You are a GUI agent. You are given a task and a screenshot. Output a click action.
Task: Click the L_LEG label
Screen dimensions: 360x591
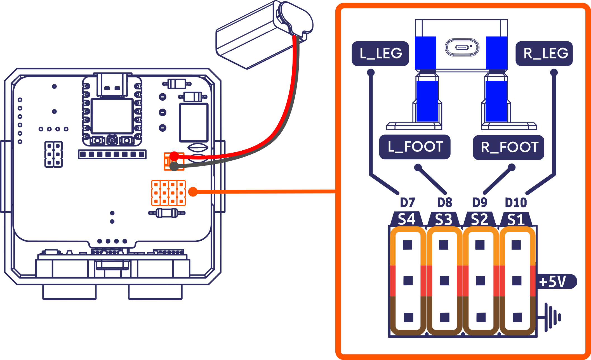[380, 53]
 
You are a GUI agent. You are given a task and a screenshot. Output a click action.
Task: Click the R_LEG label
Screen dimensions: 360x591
[544, 53]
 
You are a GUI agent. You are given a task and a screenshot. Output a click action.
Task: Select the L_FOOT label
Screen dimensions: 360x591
[415, 147]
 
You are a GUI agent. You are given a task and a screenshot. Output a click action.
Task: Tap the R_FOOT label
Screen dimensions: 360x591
[508, 147]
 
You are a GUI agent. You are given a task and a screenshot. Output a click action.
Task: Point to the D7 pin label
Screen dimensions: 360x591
[407, 203]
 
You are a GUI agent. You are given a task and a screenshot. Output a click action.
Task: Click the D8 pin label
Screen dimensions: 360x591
[444, 203]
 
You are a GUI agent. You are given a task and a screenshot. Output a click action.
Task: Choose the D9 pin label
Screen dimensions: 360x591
[480, 203]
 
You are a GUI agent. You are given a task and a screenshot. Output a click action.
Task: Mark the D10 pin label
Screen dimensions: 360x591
[516, 203]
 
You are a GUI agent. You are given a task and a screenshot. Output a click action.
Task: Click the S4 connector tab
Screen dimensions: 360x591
[406, 219]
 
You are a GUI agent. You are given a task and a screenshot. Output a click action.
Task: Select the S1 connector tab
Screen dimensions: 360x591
[516, 219]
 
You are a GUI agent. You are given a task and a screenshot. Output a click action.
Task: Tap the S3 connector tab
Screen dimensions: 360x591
[444, 219]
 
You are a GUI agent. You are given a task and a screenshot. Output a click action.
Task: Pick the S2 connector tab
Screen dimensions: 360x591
[479, 219]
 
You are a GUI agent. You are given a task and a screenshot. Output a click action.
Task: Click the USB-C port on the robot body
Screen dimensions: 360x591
[462, 47]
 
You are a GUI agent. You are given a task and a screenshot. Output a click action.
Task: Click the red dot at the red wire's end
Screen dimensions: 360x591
[174, 156]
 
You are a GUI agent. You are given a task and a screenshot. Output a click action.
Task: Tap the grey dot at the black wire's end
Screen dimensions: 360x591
[174, 166]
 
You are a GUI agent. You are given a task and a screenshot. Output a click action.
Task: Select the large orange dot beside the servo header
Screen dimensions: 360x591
[193, 192]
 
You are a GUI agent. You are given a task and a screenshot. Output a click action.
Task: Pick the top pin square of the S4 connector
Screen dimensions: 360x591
[407, 245]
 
